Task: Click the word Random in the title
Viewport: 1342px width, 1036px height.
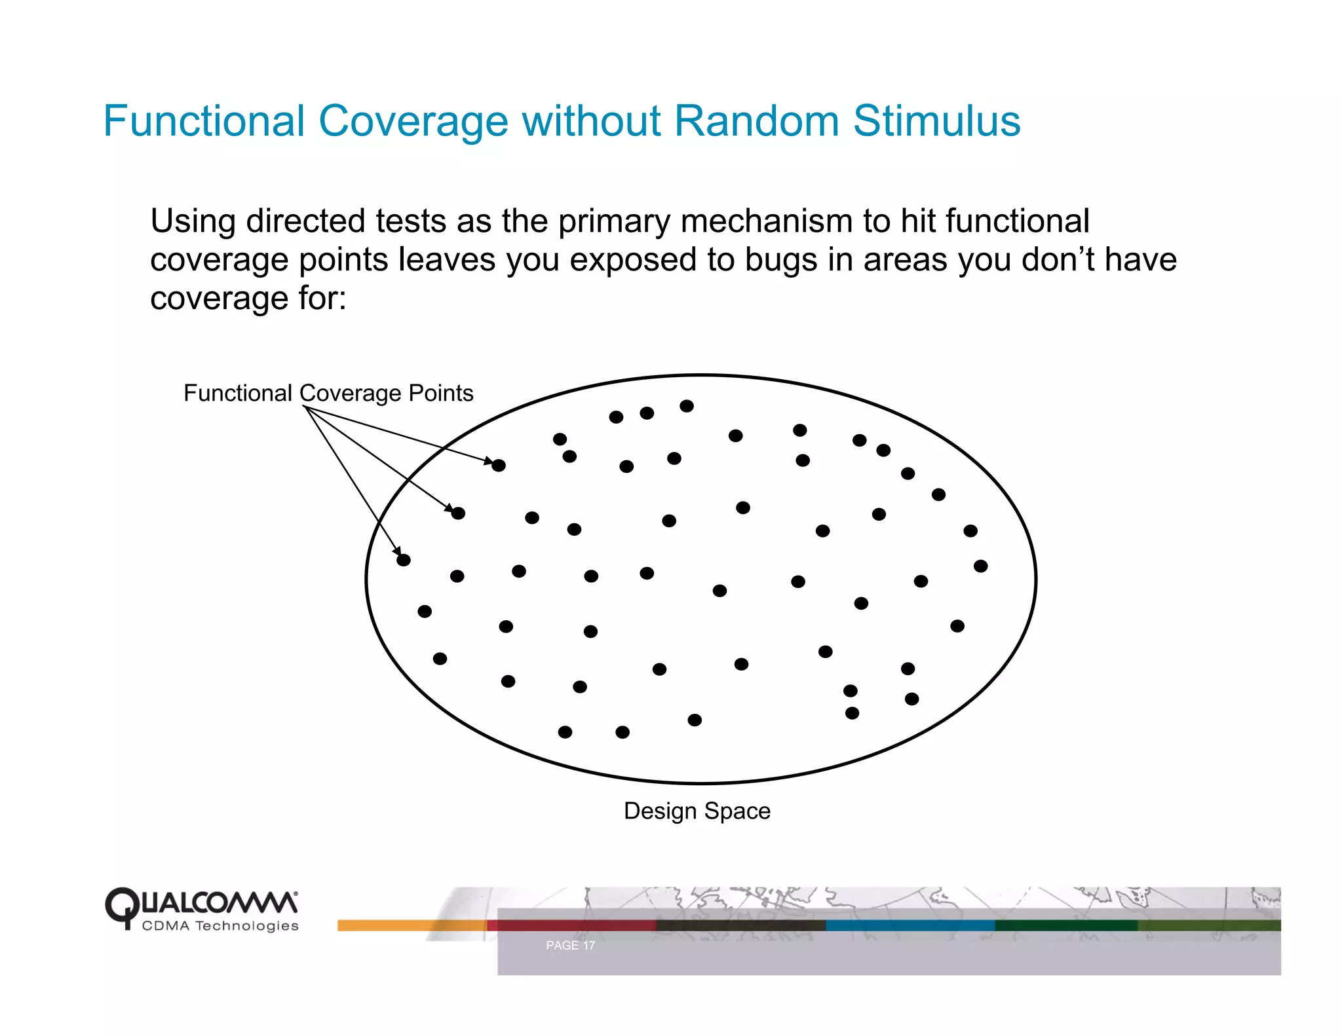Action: click(756, 121)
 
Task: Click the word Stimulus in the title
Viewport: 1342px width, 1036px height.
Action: click(936, 121)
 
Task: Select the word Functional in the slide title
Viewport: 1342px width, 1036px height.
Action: click(204, 121)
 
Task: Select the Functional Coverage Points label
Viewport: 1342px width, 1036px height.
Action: click(328, 393)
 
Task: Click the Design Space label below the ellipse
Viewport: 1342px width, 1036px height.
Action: click(697, 811)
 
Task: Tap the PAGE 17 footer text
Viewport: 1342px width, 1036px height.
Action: click(570, 945)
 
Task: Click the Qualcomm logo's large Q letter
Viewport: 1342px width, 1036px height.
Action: click(122, 907)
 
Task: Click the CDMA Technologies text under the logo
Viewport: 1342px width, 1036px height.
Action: click(220, 926)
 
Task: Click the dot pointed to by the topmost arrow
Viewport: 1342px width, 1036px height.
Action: click(499, 466)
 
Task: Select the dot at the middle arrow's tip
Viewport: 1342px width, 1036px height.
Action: click(458, 513)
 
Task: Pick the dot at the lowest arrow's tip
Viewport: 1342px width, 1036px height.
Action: click(404, 560)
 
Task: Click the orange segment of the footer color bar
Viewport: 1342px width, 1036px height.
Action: click(393, 925)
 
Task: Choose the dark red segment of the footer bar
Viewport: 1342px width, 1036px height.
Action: click(570, 925)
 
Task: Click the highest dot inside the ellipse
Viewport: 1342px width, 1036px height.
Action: click(686, 406)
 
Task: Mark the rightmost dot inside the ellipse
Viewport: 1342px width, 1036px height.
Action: click(980, 566)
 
